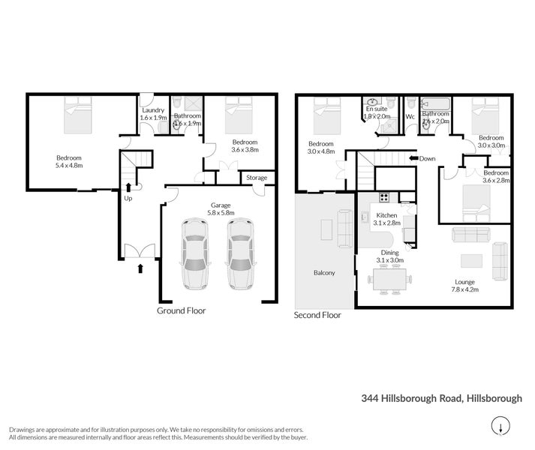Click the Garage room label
pyautogui.click(x=221, y=205)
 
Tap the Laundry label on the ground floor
pyautogui.click(x=153, y=110)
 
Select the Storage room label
pyautogui.click(x=257, y=178)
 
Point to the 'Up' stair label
pyautogui.click(x=128, y=198)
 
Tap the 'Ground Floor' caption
pyautogui.click(x=181, y=310)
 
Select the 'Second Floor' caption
pyautogui.click(x=317, y=316)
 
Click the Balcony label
pyautogui.click(x=324, y=273)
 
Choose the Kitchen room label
pyautogui.click(x=386, y=215)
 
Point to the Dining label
pyautogui.click(x=389, y=253)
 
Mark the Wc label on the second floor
pyautogui.click(x=410, y=117)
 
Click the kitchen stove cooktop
pyautogui.click(x=383, y=198)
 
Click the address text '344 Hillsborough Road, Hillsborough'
pyautogui.click(x=441, y=398)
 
